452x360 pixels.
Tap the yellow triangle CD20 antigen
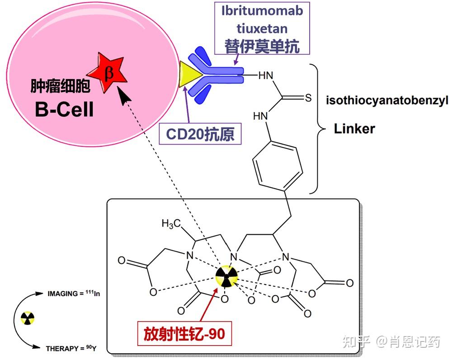pyautogui.click(x=189, y=74)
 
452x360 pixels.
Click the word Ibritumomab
pyautogui.click(x=262, y=11)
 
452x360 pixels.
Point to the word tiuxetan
pyautogui.click(x=262, y=28)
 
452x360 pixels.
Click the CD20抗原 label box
pyautogui.click(x=200, y=134)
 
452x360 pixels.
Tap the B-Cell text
pyautogui.click(x=64, y=109)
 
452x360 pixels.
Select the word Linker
pyautogui.click(x=354, y=128)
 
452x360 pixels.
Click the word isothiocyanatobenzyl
pyautogui.click(x=387, y=101)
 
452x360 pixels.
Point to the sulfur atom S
pyautogui.click(x=308, y=98)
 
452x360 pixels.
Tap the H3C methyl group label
pyautogui.click(x=171, y=224)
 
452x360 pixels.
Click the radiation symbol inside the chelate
pyautogui.click(x=227, y=276)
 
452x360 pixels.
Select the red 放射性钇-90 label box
pyautogui.click(x=184, y=333)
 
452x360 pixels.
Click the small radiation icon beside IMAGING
pyautogui.click(x=28, y=318)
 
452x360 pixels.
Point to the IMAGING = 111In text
pyautogui.click(x=74, y=294)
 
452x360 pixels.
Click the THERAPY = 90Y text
pyautogui.click(x=71, y=348)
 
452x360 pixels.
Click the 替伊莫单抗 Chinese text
pyautogui.click(x=262, y=46)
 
